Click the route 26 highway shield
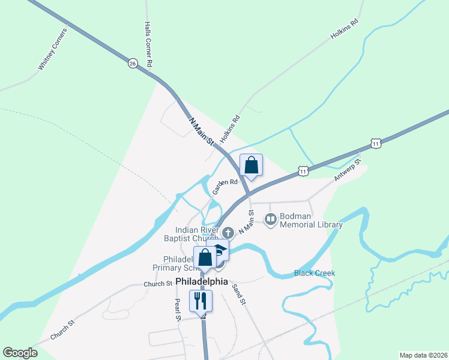133,63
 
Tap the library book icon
271,220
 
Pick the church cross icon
228,233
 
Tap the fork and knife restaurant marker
201,300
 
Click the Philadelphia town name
202,281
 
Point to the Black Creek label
314,273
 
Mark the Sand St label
239,293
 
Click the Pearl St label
178,310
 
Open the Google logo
20,352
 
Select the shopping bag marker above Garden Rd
251,165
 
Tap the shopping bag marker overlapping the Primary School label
205,257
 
